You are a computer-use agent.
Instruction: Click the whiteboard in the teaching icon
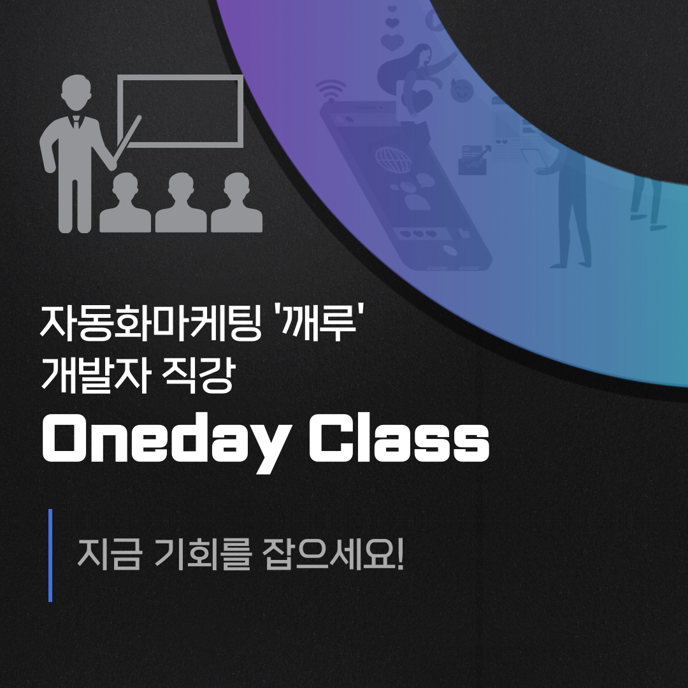180,110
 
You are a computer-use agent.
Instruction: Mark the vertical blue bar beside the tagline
50,555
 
